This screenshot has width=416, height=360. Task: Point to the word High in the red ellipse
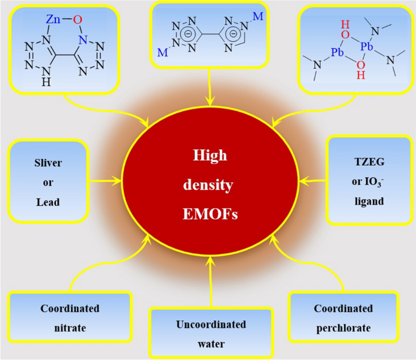coord(210,155)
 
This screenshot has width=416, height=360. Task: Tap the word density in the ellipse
coord(210,185)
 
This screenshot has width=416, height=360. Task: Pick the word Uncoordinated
coord(211,325)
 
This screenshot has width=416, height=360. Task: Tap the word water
coord(211,344)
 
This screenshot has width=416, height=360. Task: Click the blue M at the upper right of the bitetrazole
coord(257,16)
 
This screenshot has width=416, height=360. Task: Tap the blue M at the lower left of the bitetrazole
coord(163,53)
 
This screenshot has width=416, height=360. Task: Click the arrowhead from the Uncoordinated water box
coord(210,260)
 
